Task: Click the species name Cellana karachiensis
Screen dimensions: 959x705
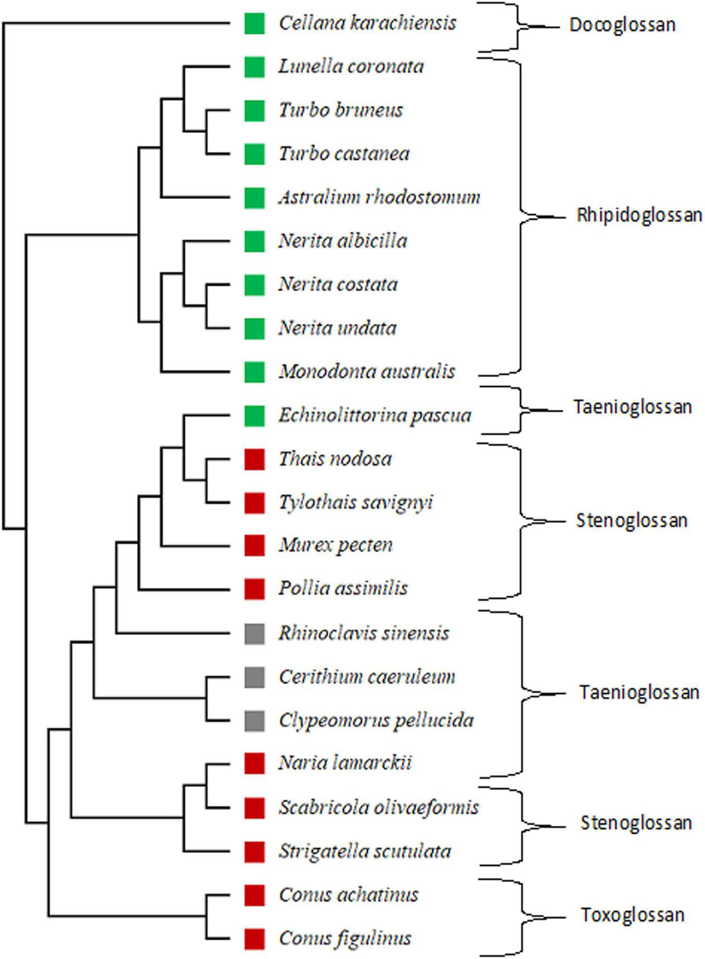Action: pos(367,23)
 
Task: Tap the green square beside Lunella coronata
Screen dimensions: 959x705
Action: pos(254,67)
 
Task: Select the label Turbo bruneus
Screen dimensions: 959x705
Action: pos(341,110)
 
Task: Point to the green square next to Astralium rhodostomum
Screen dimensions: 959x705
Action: pos(254,198)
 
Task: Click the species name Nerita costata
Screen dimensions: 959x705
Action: pos(338,284)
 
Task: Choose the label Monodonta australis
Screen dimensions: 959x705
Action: pos(367,371)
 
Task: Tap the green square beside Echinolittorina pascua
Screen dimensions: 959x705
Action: pos(254,416)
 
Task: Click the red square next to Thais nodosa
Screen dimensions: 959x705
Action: pos(254,459)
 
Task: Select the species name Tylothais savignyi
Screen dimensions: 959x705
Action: pos(356,503)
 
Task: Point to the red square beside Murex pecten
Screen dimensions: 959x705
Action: pos(254,545)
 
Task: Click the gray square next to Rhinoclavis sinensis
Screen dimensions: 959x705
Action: pos(254,633)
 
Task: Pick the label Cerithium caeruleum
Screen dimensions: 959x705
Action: pos(367,677)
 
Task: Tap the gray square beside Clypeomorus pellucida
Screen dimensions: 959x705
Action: pos(254,721)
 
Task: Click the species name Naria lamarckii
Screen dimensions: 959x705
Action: pos(345,763)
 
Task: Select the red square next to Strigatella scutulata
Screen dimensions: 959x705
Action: pos(254,851)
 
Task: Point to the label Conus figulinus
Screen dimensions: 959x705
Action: pos(345,938)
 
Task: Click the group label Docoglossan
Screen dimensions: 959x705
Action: pos(622,25)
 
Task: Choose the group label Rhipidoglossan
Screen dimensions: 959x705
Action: pos(639,215)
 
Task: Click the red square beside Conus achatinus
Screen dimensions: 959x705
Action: pos(254,895)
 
